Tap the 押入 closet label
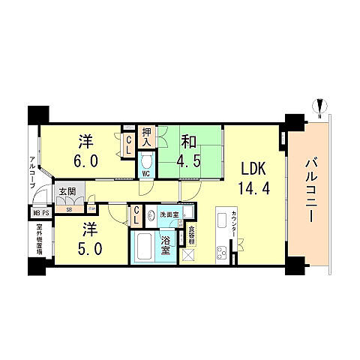pyautogui.click(x=147, y=136)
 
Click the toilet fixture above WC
pyautogui.click(x=147, y=160)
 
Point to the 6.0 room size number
pyautogui.click(x=84, y=160)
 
